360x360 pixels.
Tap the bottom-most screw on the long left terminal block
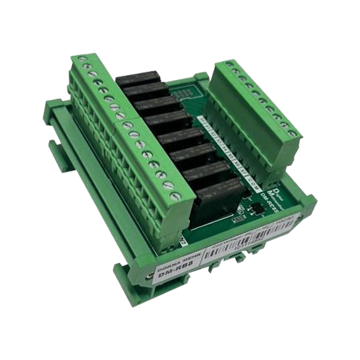click(174, 195)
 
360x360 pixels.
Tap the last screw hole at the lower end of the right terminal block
click(292, 133)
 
